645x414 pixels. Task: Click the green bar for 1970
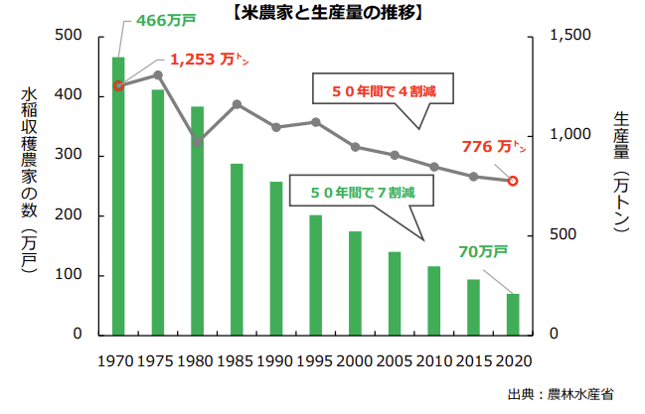(118, 197)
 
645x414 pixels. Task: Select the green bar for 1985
(237, 249)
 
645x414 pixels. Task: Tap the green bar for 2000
(356, 283)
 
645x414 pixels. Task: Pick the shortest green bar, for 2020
(513, 315)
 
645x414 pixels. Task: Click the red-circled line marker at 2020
(513, 181)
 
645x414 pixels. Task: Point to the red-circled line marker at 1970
(118, 86)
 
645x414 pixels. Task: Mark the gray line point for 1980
(198, 142)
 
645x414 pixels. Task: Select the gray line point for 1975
(158, 74)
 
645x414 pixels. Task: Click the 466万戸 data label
(166, 20)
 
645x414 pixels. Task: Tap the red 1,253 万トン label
(210, 60)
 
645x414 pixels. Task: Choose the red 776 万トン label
(494, 146)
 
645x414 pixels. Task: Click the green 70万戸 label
(483, 251)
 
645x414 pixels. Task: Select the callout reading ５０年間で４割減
(383, 88)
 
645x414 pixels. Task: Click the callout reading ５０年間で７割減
(362, 191)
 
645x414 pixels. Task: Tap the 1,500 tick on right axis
(570, 35)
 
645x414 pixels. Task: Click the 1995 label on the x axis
(315, 361)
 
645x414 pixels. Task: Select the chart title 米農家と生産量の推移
(328, 13)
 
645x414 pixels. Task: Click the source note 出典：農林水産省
(561, 395)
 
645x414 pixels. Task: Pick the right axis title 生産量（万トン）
(621, 172)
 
